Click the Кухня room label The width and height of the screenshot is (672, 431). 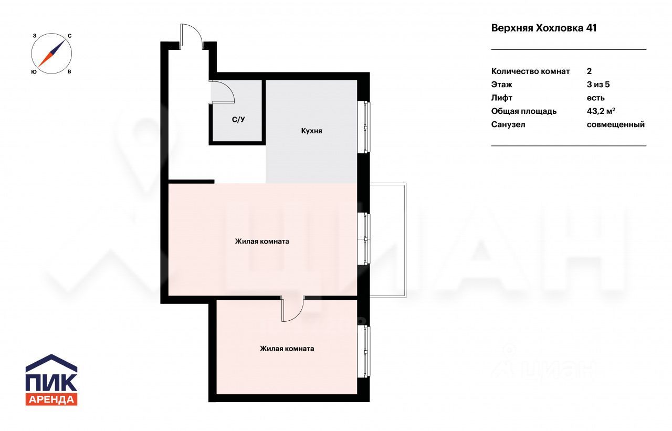pyautogui.click(x=311, y=131)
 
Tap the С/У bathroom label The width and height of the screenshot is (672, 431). pyautogui.click(x=238, y=120)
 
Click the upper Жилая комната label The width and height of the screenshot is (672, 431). pyautogui.click(x=262, y=241)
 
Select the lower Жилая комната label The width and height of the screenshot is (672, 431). pyautogui.click(x=287, y=349)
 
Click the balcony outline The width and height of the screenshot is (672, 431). pyautogui.click(x=406, y=240)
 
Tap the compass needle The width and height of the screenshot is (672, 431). pyautogui.click(x=51, y=54)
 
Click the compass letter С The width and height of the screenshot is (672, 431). pyautogui.click(x=70, y=36)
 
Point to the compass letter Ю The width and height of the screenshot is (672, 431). pyautogui.click(x=34, y=72)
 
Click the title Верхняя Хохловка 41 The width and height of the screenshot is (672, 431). pyautogui.click(x=543, y=28)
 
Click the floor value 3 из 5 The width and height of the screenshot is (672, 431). pyautogui.click(x=598, y=85)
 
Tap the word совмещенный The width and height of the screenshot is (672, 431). pyautogui.click(x=616, y=124)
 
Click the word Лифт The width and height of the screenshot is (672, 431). pyautogui.click(x=501, y=98)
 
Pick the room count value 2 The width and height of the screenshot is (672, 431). pyautogui.click(x=589, y=71)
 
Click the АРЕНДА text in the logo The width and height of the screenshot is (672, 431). pyautogui.click(x=51, y=400)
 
